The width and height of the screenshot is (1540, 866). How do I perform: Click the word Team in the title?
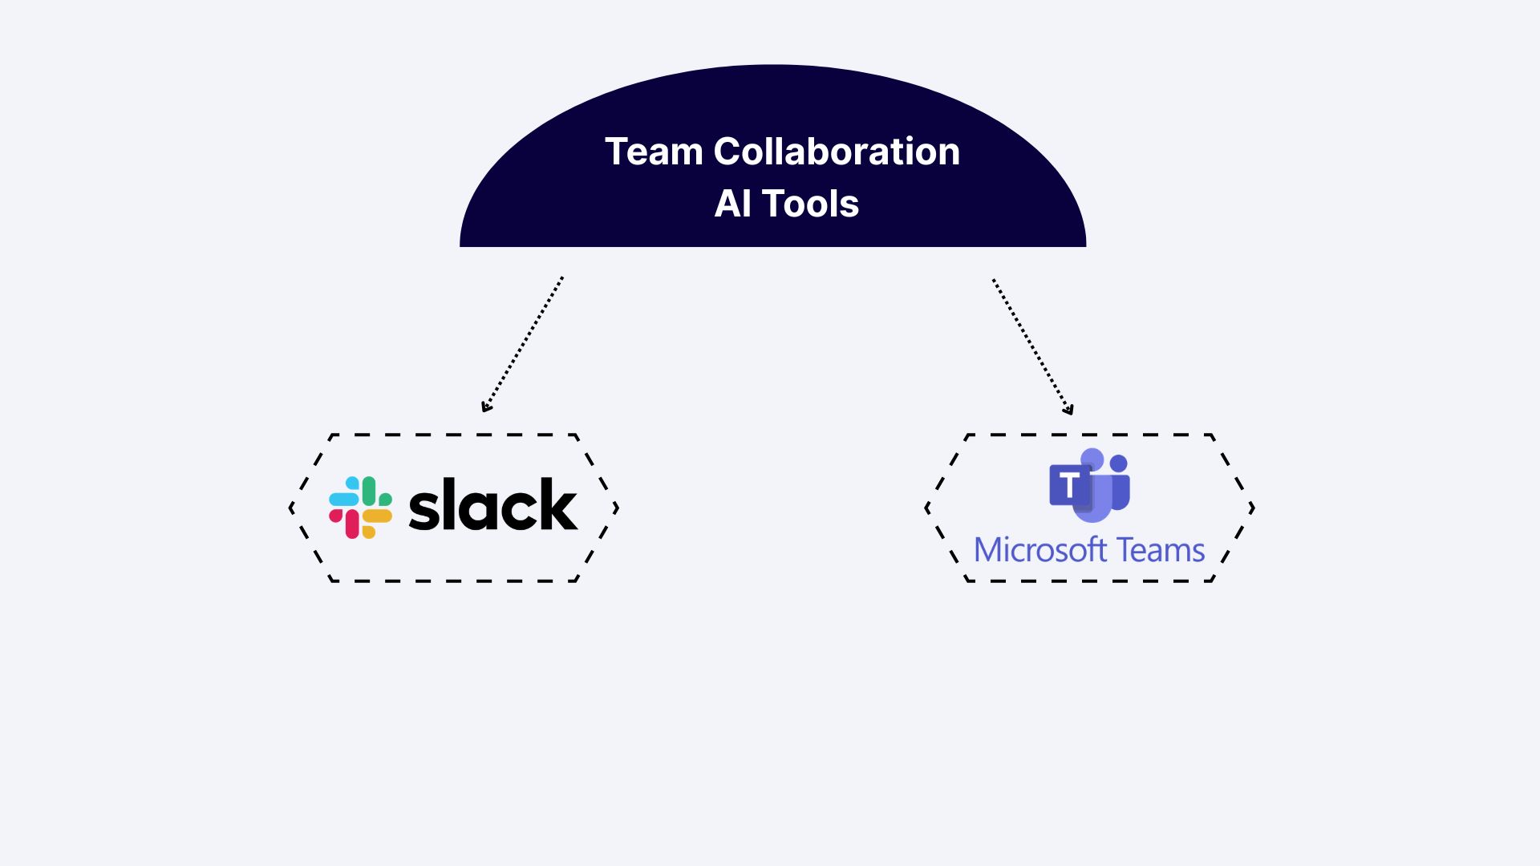point(653,152)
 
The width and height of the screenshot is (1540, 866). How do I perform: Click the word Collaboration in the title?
point(836,152)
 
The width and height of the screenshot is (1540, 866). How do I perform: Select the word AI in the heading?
point(732,204)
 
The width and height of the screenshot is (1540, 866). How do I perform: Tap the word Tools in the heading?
point(810,204)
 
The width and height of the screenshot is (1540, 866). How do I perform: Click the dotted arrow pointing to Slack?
point(523,344)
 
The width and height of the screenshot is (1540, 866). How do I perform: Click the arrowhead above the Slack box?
point(485,407)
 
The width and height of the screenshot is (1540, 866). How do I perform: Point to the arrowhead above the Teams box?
point(1068,411)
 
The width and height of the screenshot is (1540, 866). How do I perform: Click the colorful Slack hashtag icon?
point(360,508)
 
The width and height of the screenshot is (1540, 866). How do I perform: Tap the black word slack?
point(492,505)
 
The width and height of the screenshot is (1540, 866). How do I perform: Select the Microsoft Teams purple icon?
point(1089,484)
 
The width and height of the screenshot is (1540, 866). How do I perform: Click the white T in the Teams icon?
point(1068,485)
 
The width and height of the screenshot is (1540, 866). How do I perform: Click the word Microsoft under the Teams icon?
point(1040,550)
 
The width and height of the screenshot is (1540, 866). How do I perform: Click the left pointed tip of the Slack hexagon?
point(291,508)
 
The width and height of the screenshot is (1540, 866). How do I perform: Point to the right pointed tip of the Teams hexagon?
point(1253,508)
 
